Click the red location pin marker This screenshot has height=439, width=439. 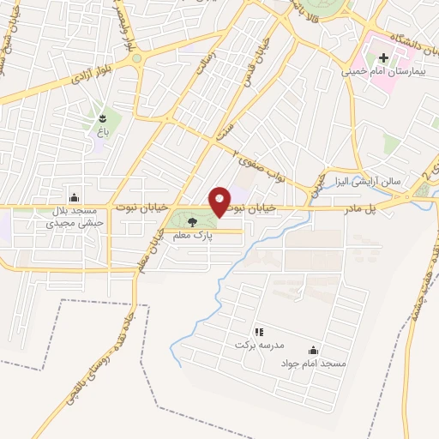(x=220, y=201)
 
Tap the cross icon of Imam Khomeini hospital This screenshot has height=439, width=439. (x=383, y=59)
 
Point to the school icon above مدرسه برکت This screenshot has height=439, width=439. (x=259, y=331)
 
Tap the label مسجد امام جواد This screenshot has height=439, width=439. (x=312, y=364)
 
